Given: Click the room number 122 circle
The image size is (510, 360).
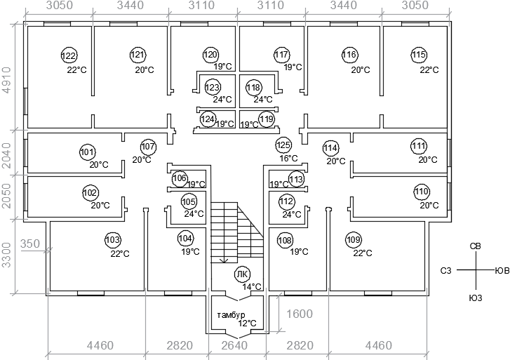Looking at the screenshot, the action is pyautogui.click(x=69, y=55).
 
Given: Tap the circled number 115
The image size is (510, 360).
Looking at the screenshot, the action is pyautogui.click(x=419, y=54).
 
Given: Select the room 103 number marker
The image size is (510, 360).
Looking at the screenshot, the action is pyautogui.click(x=112, y=240).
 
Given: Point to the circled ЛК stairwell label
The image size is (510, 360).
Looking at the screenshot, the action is pyautogui.click(x=243, y=274).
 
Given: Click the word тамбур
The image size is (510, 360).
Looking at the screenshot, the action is pyautogui.click(x=231, y=315).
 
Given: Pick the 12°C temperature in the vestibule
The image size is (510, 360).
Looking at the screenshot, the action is pyautogui.click(x=247, y=324).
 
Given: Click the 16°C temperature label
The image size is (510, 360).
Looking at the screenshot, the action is pyautogui.click(x=288, y=159).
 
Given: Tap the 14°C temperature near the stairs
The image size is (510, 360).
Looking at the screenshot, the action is pyautogui.click(x=252, y=287).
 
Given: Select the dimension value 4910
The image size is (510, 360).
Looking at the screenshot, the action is pyautogui.click(x=6, y=80).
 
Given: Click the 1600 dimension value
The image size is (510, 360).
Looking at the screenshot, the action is pyautogui.click(x=300, y=314).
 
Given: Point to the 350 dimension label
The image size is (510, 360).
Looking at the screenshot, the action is pyautogui.click(x=30, y=244).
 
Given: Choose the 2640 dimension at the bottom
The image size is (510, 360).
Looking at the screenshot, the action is pyautogui.click(x=234, y=345).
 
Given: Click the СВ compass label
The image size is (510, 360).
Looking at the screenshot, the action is pyautogui.click(x=475, y=246).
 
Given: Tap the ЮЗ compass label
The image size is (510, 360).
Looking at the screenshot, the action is pyautogui.click(x=475, y=298).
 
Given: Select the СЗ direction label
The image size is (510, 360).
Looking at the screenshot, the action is pyautogui.click(x=446, y=270).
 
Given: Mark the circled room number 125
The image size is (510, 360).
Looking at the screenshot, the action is pyautogui.click(x=283, y=145).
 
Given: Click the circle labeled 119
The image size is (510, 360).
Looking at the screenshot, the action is pyautogui.click(x=267, y=119).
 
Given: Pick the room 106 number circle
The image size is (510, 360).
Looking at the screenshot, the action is pyautogui.click(x=180, y=178).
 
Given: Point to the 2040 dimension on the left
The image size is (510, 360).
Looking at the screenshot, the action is pyautogui.click(x=6, y=155).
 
